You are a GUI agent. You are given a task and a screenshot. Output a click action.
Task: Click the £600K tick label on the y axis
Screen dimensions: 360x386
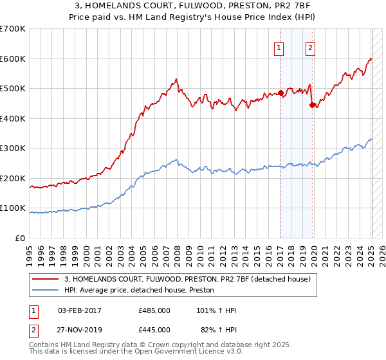pyautogui.click(x=13, y=59)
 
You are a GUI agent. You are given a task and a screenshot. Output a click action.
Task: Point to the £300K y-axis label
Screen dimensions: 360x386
pyautogui.click(x=13, y=148)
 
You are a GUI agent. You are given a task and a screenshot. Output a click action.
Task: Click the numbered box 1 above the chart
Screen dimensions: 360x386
pyautogui.click(x=279, y=47)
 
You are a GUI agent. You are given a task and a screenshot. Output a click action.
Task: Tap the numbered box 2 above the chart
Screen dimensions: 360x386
pyautogui.click(x=310, y=47)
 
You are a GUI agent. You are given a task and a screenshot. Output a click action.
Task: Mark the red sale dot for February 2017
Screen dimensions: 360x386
pyautogui.click(x=281, y=93)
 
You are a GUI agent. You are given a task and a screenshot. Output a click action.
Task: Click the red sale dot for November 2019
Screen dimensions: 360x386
pyautogui.click(x=312, y=105)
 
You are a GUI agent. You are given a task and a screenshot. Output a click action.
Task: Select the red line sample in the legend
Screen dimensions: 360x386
pyautogui.click(x=46, y=279)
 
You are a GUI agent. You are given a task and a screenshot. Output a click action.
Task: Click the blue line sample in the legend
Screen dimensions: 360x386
pyautogui.click(x=46, y=291)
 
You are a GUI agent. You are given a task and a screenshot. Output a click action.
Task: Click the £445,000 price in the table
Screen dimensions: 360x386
pyautogui.click(x=154, y=330)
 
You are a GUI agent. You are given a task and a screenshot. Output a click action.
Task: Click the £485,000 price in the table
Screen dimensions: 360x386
pyautogui.click(x=154, y=310)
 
